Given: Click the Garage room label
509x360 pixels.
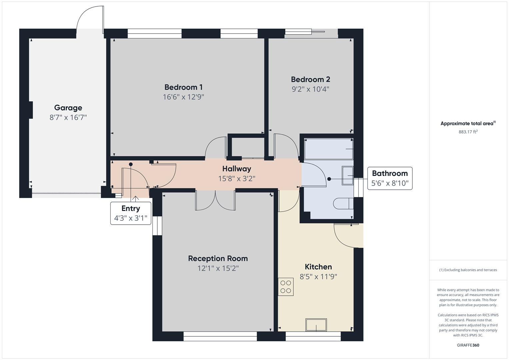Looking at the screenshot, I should (68, 108).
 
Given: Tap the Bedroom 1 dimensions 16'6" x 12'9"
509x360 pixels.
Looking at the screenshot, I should (183, 97).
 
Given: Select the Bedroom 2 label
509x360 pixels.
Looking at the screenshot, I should (310, 79).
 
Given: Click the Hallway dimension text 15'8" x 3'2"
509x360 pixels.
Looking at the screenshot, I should (237, 179).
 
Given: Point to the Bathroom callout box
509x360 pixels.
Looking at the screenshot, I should (390, 178).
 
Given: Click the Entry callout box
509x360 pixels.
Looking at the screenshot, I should (131, 213).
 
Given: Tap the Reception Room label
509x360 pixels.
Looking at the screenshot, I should (218, 258).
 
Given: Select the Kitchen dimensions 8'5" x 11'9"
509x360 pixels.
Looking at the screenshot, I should (318, 277).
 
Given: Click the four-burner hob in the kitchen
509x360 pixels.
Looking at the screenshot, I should (286, 287).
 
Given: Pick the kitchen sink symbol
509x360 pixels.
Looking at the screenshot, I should (316, 325).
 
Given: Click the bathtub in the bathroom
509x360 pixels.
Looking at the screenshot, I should (329, 149).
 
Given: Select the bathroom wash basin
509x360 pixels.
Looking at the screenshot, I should (348, 175).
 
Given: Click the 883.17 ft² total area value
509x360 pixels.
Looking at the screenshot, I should (468, 132).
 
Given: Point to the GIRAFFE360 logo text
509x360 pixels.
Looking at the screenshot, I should (468, 345).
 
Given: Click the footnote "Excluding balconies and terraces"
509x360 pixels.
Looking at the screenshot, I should (468, 270).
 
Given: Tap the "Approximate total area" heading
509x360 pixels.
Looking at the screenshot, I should (468, 124).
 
